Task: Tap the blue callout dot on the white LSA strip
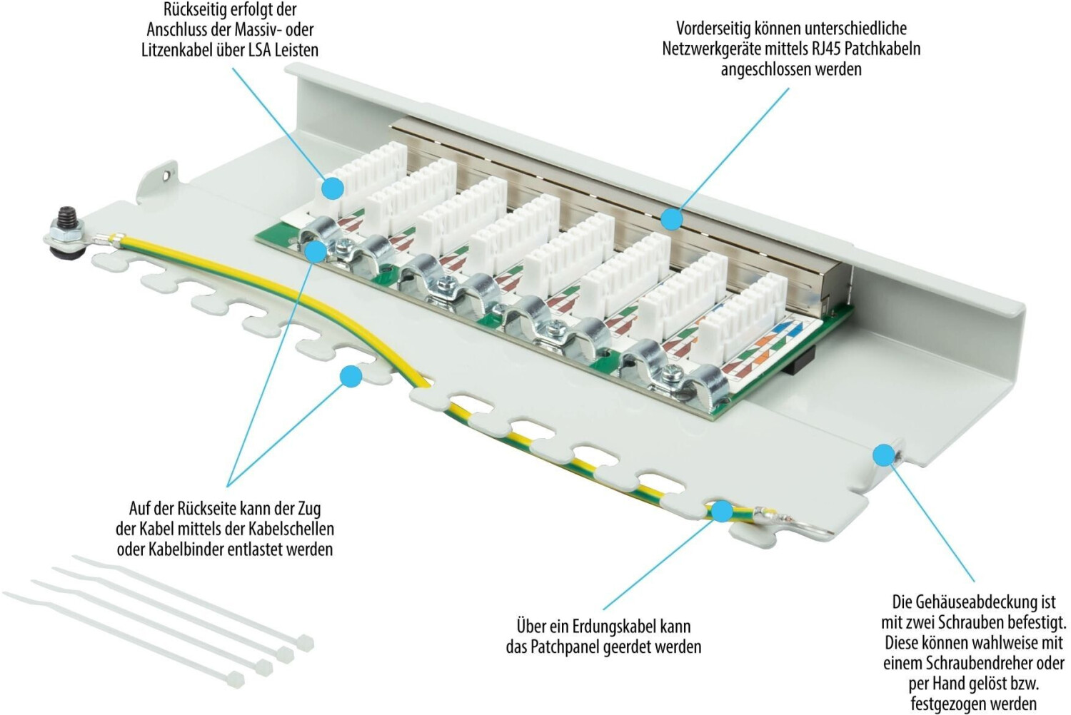pos(332,189)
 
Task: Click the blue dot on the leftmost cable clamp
pos(316,251)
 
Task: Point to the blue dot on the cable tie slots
pos(351,377)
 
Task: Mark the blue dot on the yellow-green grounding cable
pos(722,512)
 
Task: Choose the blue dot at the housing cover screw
pos(884,455)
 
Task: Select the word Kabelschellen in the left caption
pos(290,529)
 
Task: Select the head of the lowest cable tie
pos(235,679)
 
